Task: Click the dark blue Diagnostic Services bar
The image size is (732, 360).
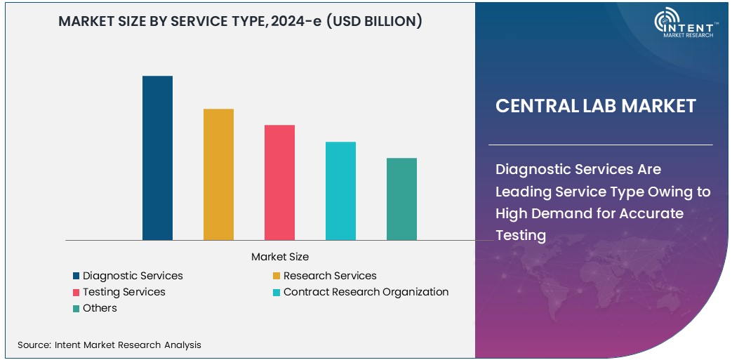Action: (x=157, y=158)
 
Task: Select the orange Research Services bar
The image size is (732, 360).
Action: (x=218, y=175)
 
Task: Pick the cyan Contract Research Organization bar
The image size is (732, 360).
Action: (x=340, y=191)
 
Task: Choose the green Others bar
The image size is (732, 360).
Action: (x=401, y=199)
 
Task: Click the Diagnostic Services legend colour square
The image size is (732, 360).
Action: (x=76, y=276)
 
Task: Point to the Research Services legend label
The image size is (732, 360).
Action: (x=330, y=276)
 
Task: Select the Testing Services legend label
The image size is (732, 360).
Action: (x=124, y=292)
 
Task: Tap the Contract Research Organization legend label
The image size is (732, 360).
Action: (x=366, y=292)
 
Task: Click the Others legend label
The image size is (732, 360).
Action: (x=100, y=308)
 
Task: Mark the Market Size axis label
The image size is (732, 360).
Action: (x=280, y=257)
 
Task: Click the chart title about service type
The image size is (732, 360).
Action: (x=240, y=22)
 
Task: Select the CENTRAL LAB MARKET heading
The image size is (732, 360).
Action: (x=595, y=106)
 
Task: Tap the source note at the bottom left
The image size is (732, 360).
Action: (x=109, y=345)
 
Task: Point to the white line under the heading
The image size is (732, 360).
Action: (x=600, y=145)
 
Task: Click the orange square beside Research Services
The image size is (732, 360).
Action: (x=277, y=276)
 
